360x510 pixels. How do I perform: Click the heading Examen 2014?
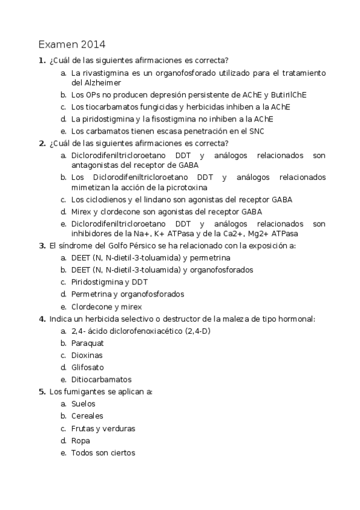72,45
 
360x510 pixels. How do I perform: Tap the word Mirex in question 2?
82,212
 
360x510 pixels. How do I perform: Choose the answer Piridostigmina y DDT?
109,282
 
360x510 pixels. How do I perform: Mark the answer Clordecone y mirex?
109,306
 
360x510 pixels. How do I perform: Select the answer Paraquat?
87,343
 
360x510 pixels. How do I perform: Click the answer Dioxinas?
87,355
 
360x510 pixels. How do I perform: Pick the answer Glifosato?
87,367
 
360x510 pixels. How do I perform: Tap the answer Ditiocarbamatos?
101,379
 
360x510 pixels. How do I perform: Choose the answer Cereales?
87,416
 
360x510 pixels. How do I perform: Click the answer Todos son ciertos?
103,453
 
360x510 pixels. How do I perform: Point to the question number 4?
41,319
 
